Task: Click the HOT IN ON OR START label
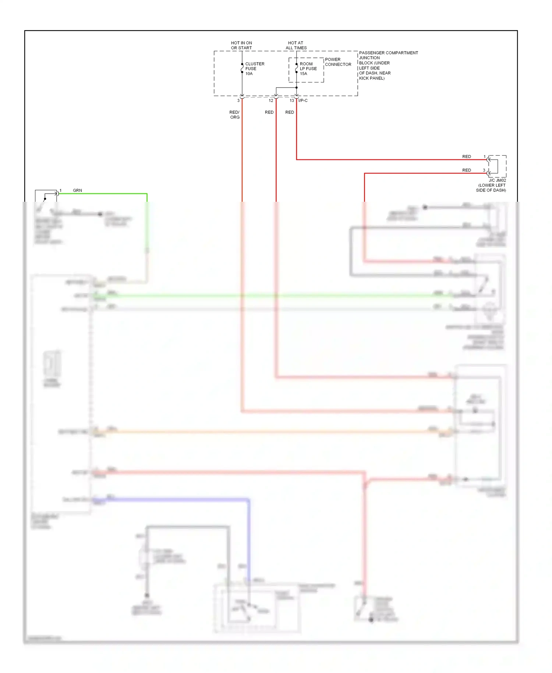pos(241,45)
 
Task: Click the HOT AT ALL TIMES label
pos(296,45)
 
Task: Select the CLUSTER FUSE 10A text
pos(255,69)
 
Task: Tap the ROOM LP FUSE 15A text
pos(308,69)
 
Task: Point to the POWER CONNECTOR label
pos(338,62)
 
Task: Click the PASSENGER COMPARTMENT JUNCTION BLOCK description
pos(388,66)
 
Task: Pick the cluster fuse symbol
pos(242,68)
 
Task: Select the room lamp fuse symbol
pos(297,68)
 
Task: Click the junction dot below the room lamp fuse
pos(297,88)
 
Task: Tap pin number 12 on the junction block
pos(271,101)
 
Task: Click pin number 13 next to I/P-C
pos(292,101)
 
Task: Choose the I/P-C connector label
pos(303,101)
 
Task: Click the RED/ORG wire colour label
pos(235,114)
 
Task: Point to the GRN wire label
pos(77,190)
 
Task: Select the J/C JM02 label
pos(497,180)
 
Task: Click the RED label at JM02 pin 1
pos(467,156)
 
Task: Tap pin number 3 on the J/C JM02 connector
pos(484,170)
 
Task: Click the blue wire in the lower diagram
pos(177,500)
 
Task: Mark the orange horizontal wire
pos(258,431)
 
